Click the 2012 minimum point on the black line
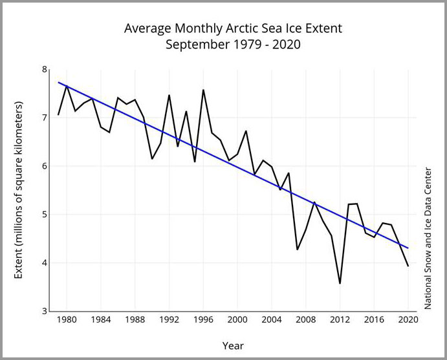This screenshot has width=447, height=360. pyautogui.click(x=340, y=283)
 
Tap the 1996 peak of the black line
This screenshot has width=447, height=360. pyautogui.click(x=204, y=90)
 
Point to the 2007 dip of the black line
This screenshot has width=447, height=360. pyautogui.click(x=297, y=249)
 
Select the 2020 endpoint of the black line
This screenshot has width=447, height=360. pyautogui.click(x=408, y=266)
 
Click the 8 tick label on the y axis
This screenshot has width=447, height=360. pyautogui.click(x=45, y=69)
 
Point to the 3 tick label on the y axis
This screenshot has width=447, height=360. pyautogui.click(x=45, y=311)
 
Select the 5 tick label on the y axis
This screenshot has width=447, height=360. pyautogui.click(x=45, y=215)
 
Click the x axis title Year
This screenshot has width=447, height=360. pyautogui.click(x=233, y=346)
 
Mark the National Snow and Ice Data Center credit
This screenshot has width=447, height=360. pyautogui.click(x=428, y=238)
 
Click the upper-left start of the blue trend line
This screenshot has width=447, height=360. pyautogui.click(x=59, y=82)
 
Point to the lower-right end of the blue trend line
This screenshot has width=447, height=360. pyautogui.click(x=408, y=248)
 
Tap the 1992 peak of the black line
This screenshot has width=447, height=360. pyautogui.click(x=169, y=95)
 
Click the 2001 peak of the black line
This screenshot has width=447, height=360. pyautogui.click(x=246, y=131)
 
